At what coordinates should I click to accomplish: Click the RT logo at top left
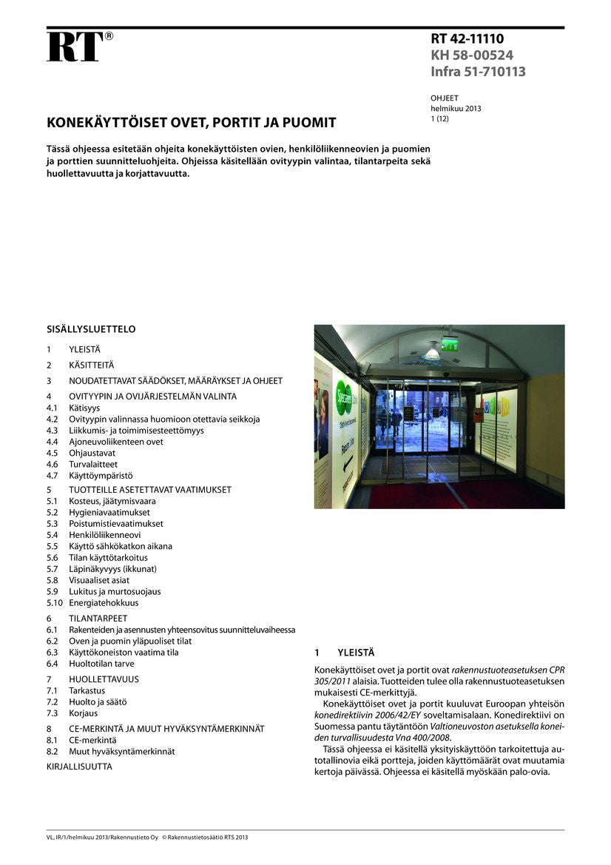[75, 46]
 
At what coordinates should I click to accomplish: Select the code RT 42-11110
[467, 39]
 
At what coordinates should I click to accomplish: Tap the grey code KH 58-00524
[472, 55]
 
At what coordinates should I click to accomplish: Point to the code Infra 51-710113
[478, 72]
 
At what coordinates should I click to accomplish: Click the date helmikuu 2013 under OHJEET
[456, 108]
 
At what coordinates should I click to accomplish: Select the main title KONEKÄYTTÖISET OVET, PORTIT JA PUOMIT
[192, 123]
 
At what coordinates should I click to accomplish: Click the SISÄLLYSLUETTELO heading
[91, 329]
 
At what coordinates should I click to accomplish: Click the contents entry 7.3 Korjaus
[83, 713]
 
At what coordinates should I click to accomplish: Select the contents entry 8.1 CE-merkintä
[92, 740]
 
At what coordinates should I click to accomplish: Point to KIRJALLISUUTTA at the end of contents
[79, 767]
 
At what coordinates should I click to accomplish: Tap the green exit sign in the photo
[449, 344]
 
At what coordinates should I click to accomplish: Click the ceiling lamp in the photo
[432, 354]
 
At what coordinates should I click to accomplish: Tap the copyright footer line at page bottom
[147, 837]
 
